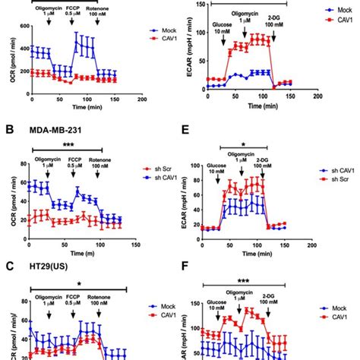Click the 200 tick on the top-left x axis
[x=142, y=99]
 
